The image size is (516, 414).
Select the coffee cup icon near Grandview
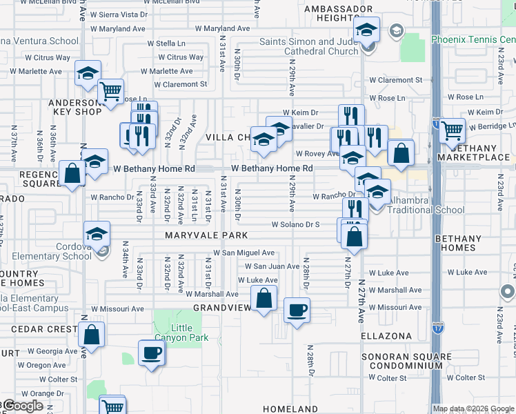pyautogui.click(x=297, y=310)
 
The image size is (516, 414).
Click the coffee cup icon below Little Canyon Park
pyautogui.click(x=152, y=353)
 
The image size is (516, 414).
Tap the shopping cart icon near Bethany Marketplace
pyautogui.click(x=452, y=129)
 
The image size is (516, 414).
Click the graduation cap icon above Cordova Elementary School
pyautogui.click(x=97, y=233)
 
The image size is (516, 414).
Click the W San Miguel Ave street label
pyautogui.click(x=244, y=253)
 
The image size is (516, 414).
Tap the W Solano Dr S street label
pyautogui.click(x=295, y=224)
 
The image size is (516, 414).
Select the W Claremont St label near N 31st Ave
pyautogui.click(x=180, y=85)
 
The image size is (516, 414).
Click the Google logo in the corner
pyautogui.click(x=22, y=406)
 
